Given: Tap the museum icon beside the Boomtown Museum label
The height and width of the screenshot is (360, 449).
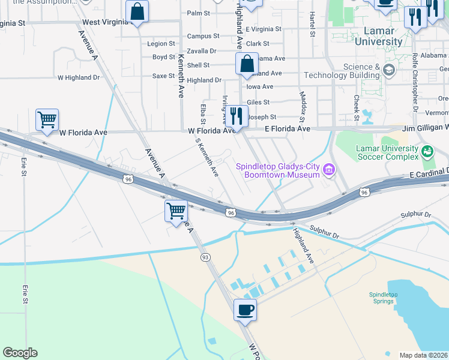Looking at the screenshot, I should [x=328, y=170].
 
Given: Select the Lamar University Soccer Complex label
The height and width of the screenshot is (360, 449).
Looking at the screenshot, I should [x=387, y=152].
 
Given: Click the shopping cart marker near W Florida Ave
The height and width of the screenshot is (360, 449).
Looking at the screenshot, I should [x=47, y=118].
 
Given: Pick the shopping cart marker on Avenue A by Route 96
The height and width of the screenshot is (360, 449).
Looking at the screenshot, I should [x=176, y=210].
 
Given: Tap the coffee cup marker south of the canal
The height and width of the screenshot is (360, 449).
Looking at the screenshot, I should [x=244, y=310].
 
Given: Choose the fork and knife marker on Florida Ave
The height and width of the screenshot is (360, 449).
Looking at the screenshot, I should [x=237, y=115].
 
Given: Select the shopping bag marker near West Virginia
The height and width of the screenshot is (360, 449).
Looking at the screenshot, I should [x=137, y=11].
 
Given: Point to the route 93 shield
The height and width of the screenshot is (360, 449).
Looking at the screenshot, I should [x=205, y=257].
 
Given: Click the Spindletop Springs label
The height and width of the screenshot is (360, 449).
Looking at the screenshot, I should [x=384, y=298].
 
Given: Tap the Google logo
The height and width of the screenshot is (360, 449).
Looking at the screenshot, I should [x=20, y=353].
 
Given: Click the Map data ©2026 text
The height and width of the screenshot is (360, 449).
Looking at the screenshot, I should [x=423, y=355].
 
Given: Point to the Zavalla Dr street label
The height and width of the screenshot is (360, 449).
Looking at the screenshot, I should [x=201, y=51].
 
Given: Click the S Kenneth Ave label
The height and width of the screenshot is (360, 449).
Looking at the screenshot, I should [x=207, y=155].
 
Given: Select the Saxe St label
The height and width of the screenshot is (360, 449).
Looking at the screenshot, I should [x=163, y=76].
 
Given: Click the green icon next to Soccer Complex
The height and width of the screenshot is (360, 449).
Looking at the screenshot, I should [x=427, y=150].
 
